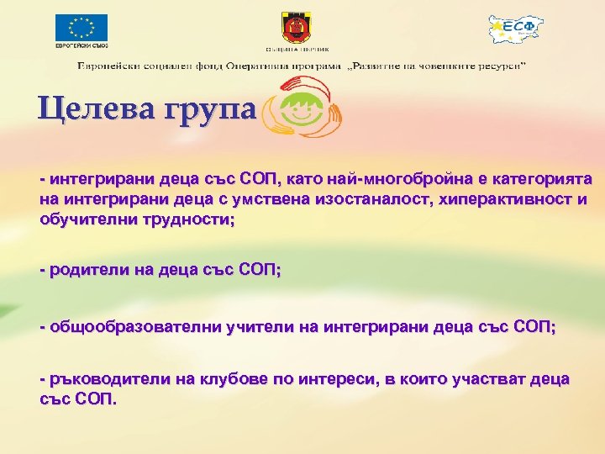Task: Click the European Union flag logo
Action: coord(82,27)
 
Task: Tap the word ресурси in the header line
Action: coord(498,65)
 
